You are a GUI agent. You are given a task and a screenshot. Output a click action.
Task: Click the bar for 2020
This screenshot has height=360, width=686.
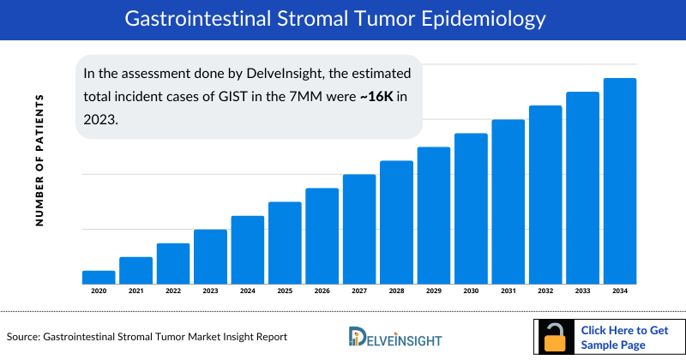(x=99, y=277)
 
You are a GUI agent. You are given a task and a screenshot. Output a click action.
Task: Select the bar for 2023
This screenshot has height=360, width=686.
(x=210, y=256)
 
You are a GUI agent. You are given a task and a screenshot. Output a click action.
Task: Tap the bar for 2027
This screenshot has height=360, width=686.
(x=359, y=229)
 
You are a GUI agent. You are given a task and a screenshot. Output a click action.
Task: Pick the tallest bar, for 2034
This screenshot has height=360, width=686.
(x=620, y=181)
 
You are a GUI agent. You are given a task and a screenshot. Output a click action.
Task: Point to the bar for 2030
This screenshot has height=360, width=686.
(x=471, y=208)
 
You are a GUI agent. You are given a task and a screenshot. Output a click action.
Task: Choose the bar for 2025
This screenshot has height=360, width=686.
(x=285, y=243)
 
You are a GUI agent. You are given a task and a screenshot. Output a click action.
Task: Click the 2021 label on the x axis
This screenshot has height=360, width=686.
(x=135, y=291)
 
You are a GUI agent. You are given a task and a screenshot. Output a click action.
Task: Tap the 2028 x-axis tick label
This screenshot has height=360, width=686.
(x=396, y=291)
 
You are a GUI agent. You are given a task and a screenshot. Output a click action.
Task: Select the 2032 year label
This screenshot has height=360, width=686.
(x=545, y=291)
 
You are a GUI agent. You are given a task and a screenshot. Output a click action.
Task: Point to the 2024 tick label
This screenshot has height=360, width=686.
(x=248, y=291)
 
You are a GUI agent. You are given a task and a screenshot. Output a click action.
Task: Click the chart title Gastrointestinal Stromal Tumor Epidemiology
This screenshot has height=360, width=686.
(x=342, y=19)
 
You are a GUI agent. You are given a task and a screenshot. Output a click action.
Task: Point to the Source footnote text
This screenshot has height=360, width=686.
(x=147, y=337)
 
